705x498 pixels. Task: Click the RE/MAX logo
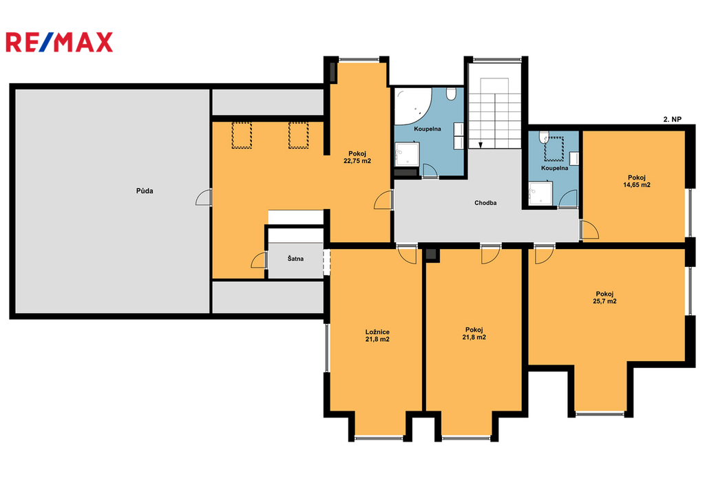(59, 42)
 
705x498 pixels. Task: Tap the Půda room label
(145, 191)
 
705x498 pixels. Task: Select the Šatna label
(295, 259)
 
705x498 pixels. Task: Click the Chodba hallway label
(485, 203)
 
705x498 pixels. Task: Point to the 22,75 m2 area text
(357, 161)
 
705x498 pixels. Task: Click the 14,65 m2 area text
(637, 184)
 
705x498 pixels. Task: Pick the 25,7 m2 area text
(604, 301)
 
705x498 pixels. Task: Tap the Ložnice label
(377, 332)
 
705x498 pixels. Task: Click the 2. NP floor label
(672, 119)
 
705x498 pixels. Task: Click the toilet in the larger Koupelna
(451, 94)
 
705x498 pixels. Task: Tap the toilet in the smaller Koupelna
(544, 136)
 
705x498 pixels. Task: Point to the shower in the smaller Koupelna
(540, 194)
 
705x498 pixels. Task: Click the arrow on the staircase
(481, 144)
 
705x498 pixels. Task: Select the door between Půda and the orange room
(204, 197)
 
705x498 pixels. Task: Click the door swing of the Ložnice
(407, 255)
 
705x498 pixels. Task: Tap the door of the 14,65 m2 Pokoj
(589, 230)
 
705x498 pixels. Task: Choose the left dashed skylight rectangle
(242, 136)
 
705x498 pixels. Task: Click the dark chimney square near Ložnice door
(431, 255)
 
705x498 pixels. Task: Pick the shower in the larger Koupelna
(407, 155)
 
